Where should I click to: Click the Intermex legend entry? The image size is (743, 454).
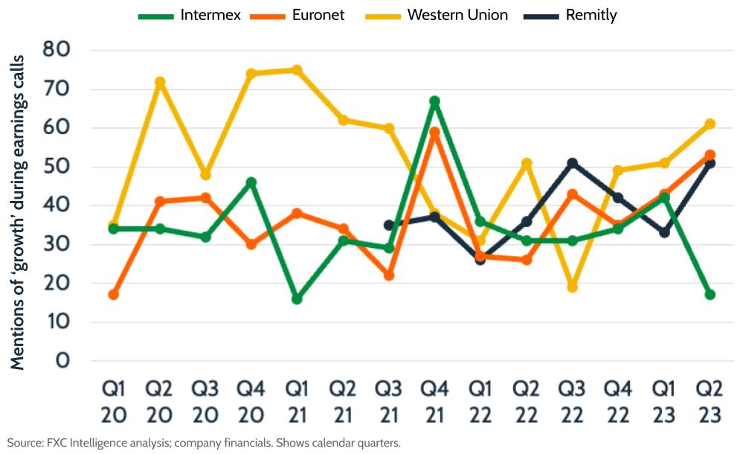point(189,15)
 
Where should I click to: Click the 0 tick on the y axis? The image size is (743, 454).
point(80,361)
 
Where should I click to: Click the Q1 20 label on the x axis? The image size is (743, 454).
point(113,402)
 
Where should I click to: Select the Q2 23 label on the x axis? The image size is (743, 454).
point(710,402)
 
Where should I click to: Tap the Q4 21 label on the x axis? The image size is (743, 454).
point(434,402)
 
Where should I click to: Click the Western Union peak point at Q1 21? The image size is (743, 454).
point(297,70)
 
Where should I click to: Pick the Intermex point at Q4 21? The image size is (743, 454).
point(434,101)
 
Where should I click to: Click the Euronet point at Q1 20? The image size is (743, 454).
point(113,295)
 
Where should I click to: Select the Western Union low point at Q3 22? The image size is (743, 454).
point(572,287)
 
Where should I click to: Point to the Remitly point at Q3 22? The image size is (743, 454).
point(572,163)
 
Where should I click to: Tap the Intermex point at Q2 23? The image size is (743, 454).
point(710,295)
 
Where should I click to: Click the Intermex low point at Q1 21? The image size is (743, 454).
point(297,298)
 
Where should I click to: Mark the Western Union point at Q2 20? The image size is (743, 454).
point(159,82)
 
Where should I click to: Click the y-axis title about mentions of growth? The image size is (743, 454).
point(18,212)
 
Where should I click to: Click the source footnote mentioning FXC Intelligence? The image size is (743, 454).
point(204,443)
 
